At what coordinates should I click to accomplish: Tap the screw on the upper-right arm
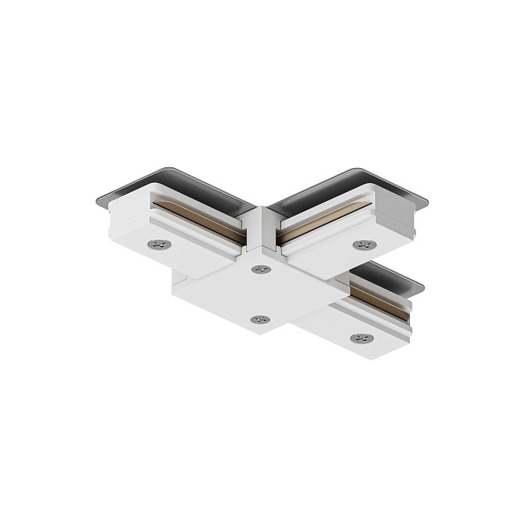[363, 245]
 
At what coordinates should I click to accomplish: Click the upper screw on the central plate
[261, 269]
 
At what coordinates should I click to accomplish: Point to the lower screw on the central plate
[260, 319]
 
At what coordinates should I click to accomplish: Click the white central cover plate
[250, 291]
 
